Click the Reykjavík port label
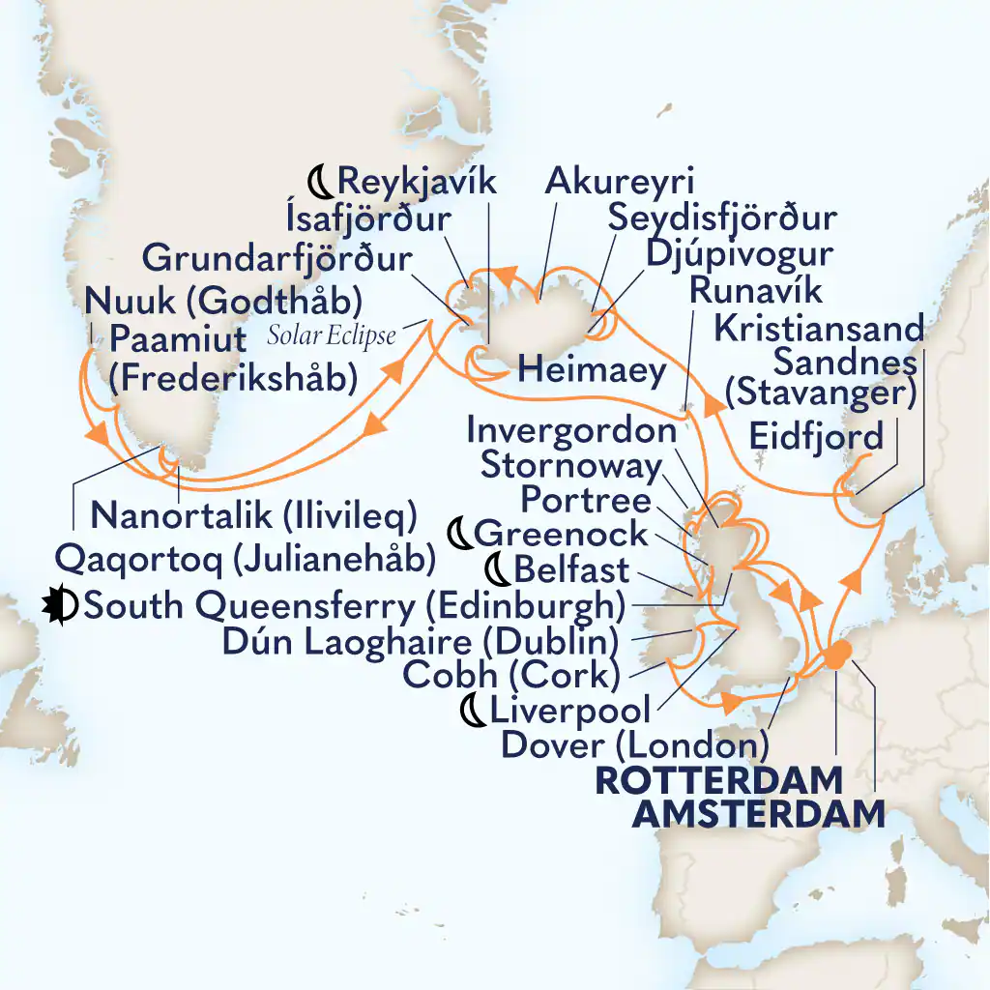click(416, 181)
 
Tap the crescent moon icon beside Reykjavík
click(320, 181)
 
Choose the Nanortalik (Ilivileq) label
click(253, 514)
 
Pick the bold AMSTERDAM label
click(758, 814)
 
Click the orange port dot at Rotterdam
click(835, 655)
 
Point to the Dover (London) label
click(635, 744)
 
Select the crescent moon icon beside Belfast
click(503, 568)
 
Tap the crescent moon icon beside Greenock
click(462, 533)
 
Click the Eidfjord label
click(816, 437)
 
